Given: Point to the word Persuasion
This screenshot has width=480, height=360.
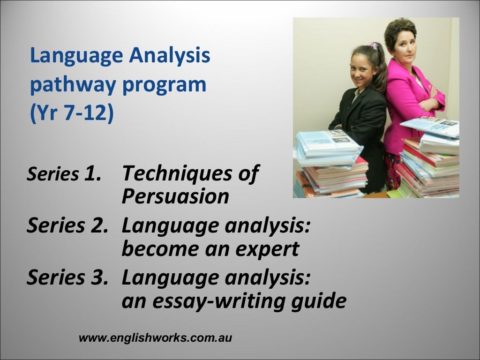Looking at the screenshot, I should coord(175,197).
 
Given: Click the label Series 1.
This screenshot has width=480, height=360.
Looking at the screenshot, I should coord(64,174).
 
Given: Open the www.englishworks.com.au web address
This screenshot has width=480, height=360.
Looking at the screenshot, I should coord(156,337).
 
